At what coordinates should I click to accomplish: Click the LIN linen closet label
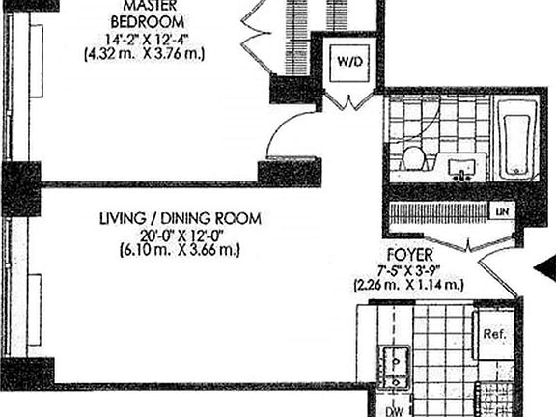tap(501, 210)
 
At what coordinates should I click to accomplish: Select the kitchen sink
tap(396, 362)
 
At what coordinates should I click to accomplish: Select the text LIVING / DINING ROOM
tap(180, 219)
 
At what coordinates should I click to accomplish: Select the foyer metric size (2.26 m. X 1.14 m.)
tap(409, 286)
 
